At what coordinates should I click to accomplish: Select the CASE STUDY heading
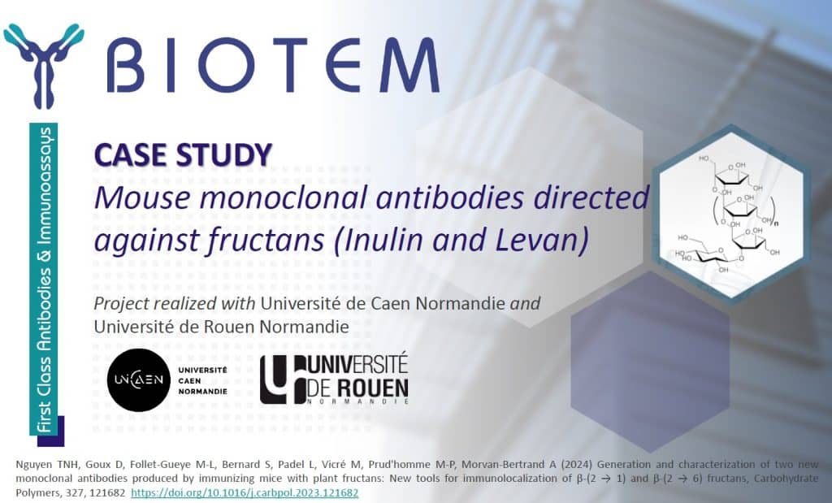click(x=183, y=155)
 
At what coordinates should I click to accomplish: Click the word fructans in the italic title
click(x=266, y=239)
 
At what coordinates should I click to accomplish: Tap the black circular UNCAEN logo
click(x=138, y=380)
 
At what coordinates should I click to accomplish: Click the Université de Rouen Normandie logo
click(x=334, y=379)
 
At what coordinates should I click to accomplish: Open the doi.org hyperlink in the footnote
click(x=245, y=493)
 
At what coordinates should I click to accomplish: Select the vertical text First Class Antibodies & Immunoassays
click(x=45, y=280)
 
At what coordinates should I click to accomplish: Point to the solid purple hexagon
click(x=650, y=362)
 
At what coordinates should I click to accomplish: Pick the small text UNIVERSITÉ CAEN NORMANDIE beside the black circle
click(x=202, y=380)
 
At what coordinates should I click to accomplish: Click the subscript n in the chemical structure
click(x=776, y=223)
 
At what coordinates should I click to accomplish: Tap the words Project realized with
click(x=175, y=303)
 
